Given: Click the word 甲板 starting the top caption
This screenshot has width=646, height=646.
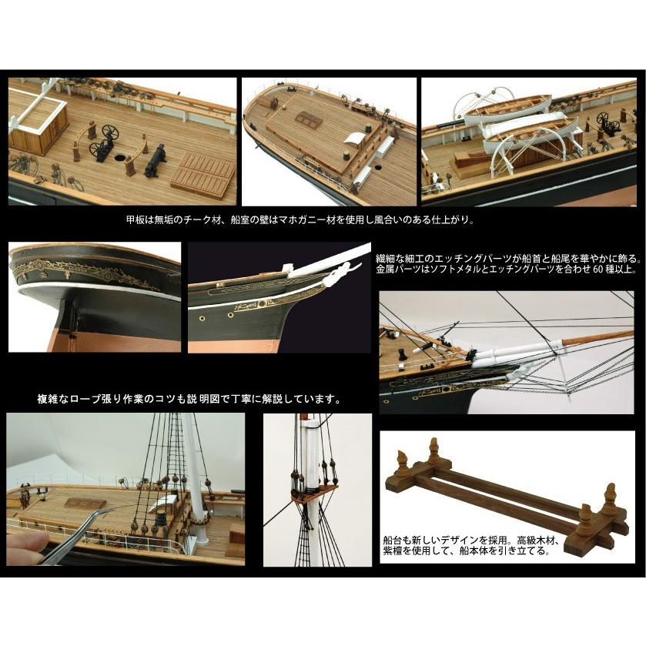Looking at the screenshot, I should [x=133, y=219].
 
